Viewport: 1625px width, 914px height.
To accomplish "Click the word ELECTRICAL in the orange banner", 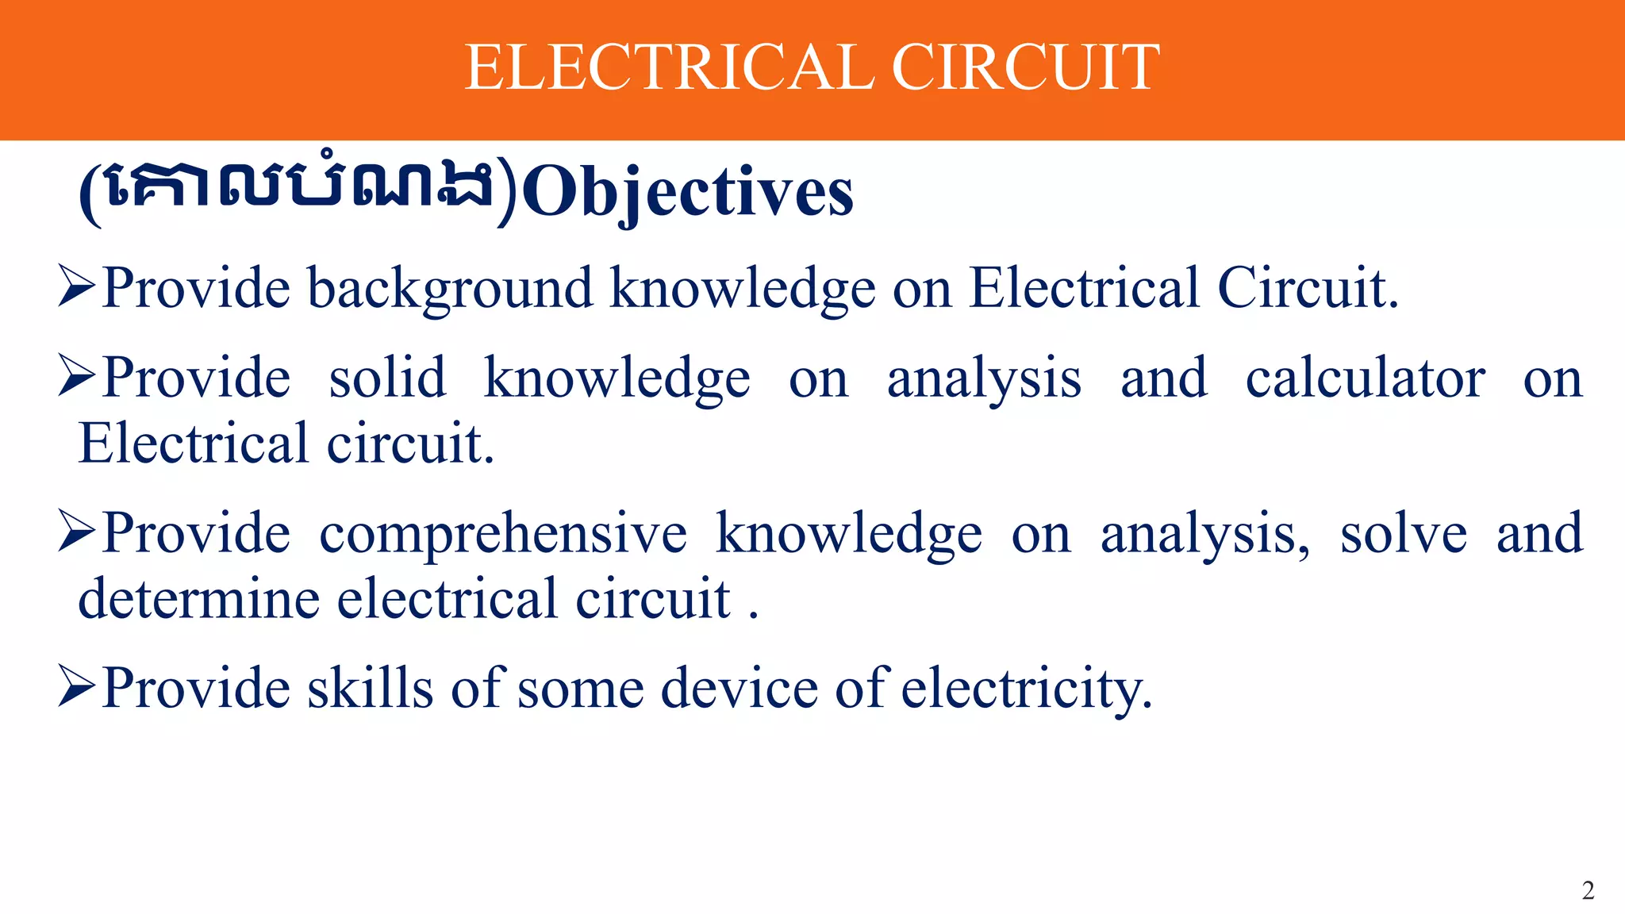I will tap(669, 67).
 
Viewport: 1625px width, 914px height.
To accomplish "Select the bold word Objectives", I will tap(688, 193).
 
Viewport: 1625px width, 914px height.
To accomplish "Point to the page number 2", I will tap(1588, 890).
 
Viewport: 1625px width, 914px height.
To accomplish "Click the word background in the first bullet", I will tap(450, 289).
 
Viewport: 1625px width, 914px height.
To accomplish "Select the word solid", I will tap(387, 378).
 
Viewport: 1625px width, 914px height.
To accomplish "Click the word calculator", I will tap(1365, 378).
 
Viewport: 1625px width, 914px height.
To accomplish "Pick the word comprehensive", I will tap(503, 534).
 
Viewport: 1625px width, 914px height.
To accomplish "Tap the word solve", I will tap(1403, 534).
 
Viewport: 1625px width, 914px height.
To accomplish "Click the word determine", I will tap(199, 599).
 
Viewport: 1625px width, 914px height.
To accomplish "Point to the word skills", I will tap(371, 688).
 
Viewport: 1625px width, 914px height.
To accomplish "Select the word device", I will tap(739, 688).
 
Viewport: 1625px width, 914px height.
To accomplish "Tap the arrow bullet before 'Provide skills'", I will tap(77, 687).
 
